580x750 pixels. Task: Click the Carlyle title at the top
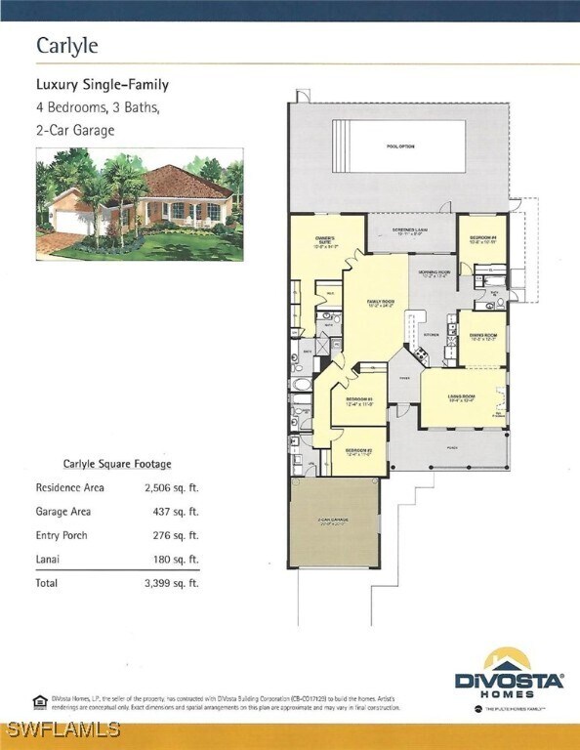(x=68, y=46)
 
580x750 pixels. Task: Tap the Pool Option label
(x=400, y=146)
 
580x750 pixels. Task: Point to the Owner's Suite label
(x=326, y=242)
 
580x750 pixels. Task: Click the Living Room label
(x=461, y=397)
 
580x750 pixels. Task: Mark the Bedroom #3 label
(x=359, y=401)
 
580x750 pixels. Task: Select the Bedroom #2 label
(x=358, y=451)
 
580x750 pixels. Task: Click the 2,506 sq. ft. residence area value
(x=172, y=487)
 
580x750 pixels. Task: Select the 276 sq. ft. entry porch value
(x=177, y=535)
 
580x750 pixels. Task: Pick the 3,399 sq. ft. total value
(x=172, y=583)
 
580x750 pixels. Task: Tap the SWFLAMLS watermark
(x=61, y=729)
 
